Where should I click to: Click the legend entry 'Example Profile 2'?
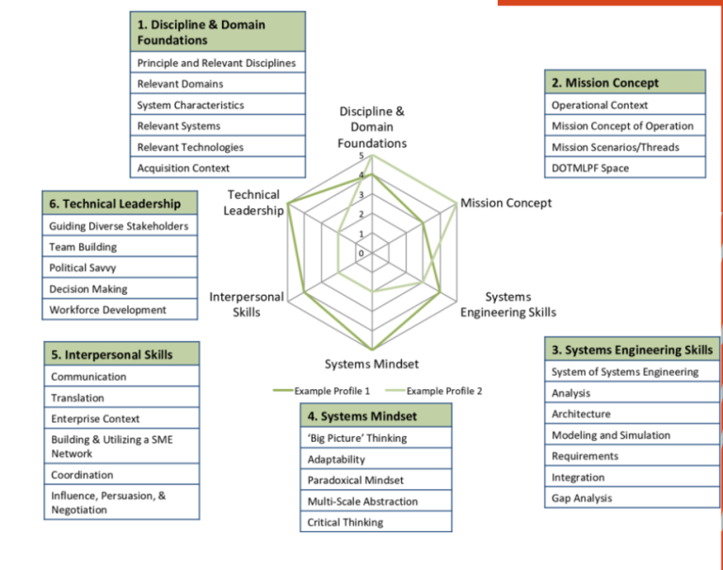pyautogui.click(x=443, y=390)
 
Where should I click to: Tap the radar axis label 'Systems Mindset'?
pyautogui.click(x=372, y=364)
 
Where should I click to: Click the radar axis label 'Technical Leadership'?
pyautogui.click(x=253, y=202)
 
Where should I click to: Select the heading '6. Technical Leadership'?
pyautogui.click(x=121, y=204)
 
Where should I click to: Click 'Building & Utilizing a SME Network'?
pyautogui.click(x=121, y=447)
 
